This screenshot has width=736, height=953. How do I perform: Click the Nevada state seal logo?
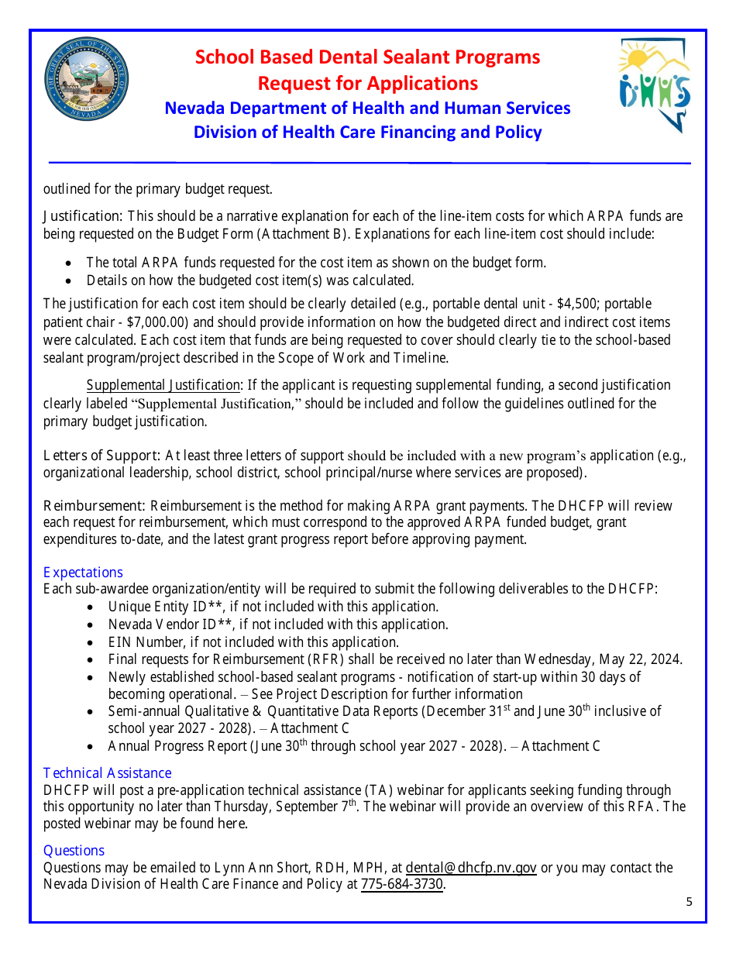[87, 80]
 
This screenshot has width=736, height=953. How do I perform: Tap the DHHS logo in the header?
[654, 85]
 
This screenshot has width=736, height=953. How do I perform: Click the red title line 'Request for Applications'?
[367, 83]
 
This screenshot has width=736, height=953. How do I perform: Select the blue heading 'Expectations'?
[83, 572]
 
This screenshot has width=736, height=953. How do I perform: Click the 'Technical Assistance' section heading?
[107, 772]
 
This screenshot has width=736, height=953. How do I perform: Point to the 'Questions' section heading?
[74, 850]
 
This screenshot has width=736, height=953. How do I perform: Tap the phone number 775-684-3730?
[403, 885]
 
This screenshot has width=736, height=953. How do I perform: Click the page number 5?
[689, 901]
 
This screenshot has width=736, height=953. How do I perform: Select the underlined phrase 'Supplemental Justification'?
[163, 385]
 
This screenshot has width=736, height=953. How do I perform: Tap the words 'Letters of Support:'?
[101, 455]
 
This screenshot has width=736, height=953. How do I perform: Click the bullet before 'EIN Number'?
[92, 642]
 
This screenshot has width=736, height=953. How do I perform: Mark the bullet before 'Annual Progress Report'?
[92, 747]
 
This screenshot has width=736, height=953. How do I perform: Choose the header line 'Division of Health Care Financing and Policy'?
[367, 132]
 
